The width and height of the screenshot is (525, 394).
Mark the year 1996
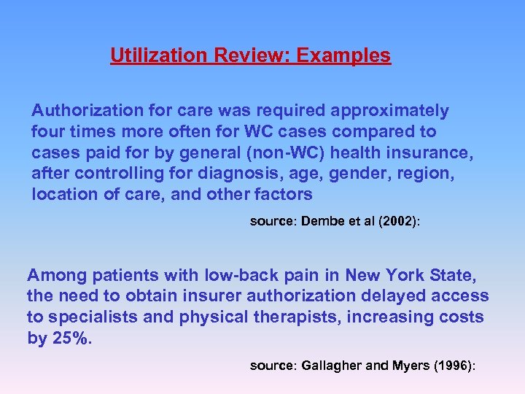[453, 366]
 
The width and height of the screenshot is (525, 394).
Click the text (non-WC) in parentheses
[256, 153]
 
